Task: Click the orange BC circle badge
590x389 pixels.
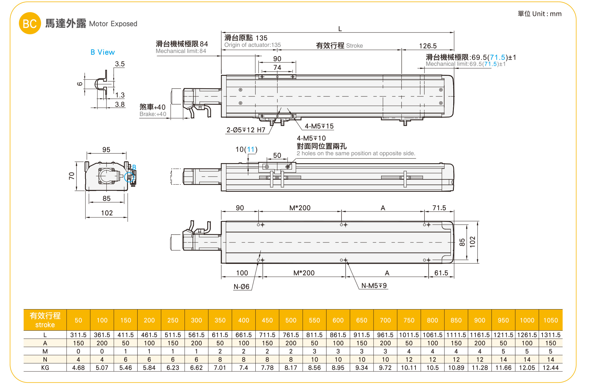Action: tap(30, 23)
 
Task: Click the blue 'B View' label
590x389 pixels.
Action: tap(102, 52)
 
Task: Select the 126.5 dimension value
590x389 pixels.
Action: tap(428, 46)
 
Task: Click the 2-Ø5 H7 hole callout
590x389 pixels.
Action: tap(246, 130)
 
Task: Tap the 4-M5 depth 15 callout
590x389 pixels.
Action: tap(319, 126)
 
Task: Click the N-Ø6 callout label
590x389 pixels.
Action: tap(241, 287)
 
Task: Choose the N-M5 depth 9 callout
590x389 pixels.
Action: tap(374, 285)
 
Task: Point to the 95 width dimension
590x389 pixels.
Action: tap(106, 150)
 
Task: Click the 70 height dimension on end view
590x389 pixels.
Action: tap(72, 176)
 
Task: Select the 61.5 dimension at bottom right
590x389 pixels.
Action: tap(441, 273)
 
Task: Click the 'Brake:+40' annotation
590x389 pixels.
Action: tap(153, 114)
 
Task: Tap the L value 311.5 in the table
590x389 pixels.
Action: tap(78, 335)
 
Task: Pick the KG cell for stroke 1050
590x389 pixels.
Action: tap(550, 367)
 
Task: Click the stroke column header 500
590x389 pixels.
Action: tap(291, 320)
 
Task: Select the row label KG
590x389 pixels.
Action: tap(45, 367)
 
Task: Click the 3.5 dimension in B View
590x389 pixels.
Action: tap(120, 64)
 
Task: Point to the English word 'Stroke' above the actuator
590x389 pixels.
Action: tap(354, 46)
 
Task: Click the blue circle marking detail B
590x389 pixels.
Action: tap(129, 177)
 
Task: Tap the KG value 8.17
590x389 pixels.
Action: tap(291, 367)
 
